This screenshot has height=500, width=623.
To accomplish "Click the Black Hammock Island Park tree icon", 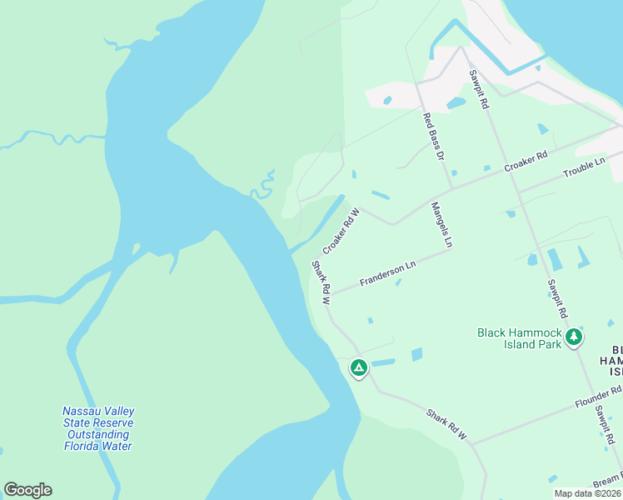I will pos(573,337).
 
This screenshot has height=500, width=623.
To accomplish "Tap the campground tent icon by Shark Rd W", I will pos(358,367).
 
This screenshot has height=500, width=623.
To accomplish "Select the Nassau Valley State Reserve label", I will pos(98,428).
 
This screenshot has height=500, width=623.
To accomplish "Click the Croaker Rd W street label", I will pos(340,232).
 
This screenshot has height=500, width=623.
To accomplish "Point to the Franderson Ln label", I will pos(387,274).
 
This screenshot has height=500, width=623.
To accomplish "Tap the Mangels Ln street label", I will pos(441,225).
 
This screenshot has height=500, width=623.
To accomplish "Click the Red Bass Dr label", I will pos(434,137).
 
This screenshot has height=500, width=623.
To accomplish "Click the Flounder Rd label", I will pos(598,397).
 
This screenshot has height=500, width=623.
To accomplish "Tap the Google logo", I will pos(27,490).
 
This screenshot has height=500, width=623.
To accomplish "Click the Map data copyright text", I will pos(587,493).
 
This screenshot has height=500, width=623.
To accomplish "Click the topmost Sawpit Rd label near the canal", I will pos(478,90).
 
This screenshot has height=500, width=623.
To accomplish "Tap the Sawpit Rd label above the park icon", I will pos(557,298).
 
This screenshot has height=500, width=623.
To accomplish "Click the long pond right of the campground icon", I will pos(382,362).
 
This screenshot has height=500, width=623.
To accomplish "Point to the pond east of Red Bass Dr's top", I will pos(456,103).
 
